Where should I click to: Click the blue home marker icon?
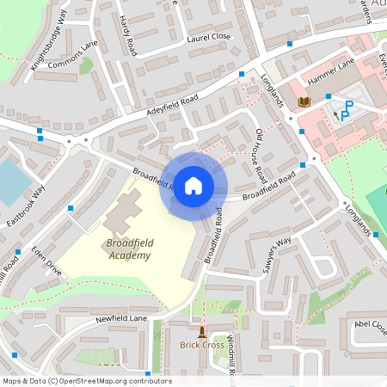tap(193, 185)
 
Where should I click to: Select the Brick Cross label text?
tap(202, 346)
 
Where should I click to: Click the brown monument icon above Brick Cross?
tap(202, 332)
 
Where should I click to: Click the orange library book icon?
tap(303, 102)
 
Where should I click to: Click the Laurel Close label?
tap(210, 37)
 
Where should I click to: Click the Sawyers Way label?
tap(277, 255)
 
